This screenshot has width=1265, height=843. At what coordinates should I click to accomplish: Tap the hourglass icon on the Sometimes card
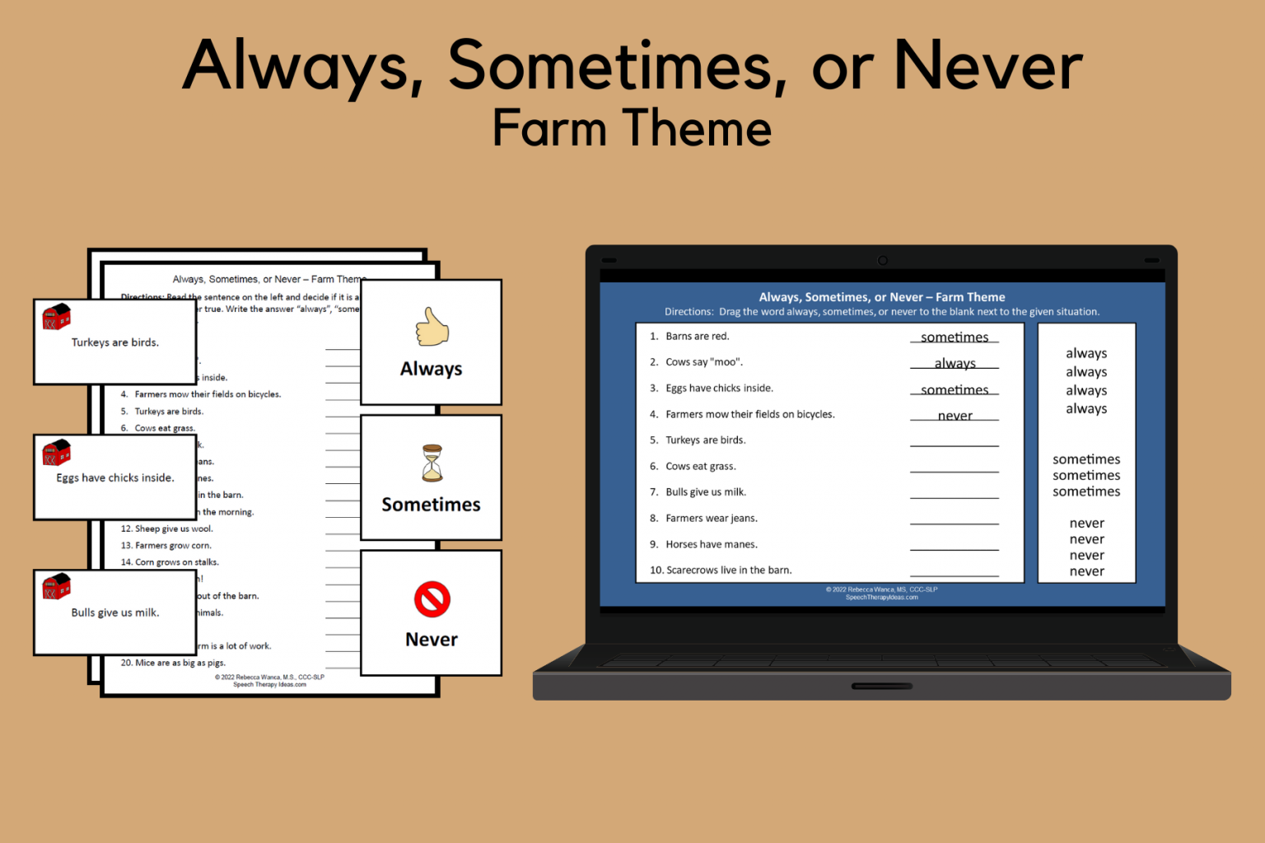pos(432,463)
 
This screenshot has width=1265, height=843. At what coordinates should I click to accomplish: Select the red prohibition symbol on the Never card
pos(432,599)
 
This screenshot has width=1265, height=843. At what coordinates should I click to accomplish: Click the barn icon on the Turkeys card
pos(57,317)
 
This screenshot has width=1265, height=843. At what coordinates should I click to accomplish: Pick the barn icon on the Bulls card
pos(57,587)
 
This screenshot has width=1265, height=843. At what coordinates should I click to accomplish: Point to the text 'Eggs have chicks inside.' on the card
pos(115,477)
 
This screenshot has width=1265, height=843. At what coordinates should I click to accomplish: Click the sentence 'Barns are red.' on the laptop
pos(697,336)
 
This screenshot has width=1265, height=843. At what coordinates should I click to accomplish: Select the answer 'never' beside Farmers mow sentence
pos(955,416)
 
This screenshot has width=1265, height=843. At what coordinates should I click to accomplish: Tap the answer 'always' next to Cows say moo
pos(955,363)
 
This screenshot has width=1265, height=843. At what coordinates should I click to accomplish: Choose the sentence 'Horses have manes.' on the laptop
pos(711,544)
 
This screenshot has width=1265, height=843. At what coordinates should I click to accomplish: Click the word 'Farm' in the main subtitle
pos(549,128)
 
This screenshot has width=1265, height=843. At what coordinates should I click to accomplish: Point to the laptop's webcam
pos(882,260)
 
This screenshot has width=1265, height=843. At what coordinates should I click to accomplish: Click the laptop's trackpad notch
pos(881,686)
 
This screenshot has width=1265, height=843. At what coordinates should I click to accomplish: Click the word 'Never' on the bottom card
pos(432,640)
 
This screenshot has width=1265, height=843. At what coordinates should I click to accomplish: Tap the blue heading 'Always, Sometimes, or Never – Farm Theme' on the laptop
pos(881,297)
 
